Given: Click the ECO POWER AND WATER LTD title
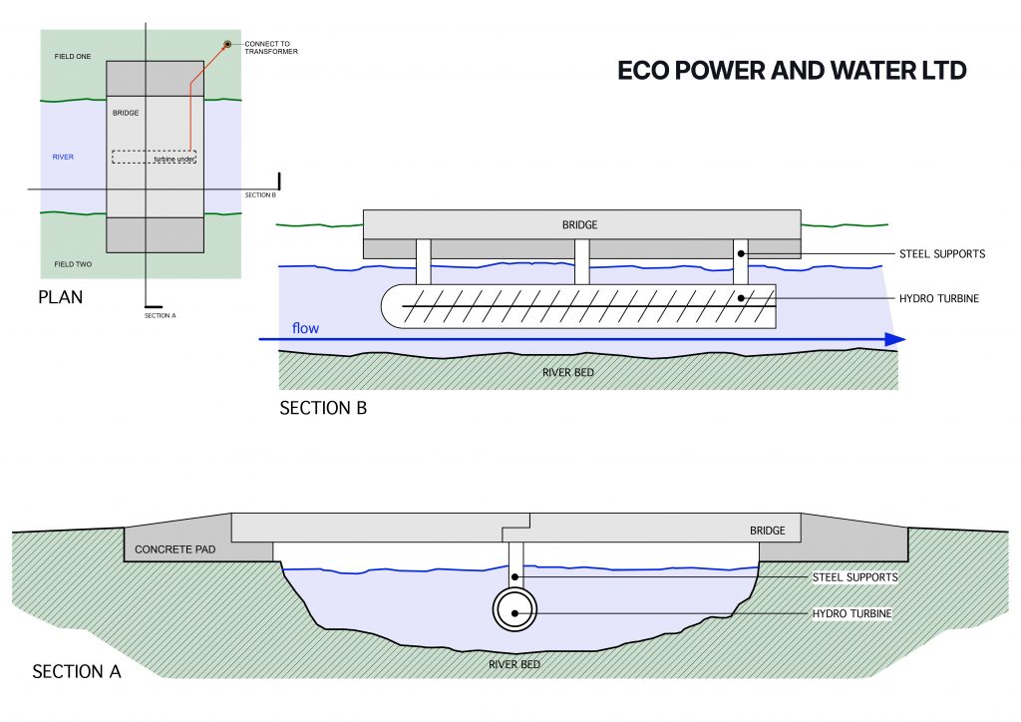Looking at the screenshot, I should click(792, 72).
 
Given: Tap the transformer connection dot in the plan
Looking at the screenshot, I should click(228, 45).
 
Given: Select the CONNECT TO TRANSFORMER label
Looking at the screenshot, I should click(271, 48).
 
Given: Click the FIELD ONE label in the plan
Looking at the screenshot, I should click(73, 57).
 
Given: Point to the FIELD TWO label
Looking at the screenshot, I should click(73, 264).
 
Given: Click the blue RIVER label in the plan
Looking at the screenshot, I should click(63, 158).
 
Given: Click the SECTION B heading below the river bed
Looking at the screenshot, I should click(323, 408).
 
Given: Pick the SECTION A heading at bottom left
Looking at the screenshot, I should click(77, 671).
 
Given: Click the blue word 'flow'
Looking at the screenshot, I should click(305, 328).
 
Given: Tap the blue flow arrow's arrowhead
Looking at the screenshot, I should click(894, 340).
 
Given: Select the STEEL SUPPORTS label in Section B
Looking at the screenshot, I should click(940, 254).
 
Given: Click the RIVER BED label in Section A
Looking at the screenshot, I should click(515, 663).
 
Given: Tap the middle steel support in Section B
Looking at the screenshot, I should click(583, 262).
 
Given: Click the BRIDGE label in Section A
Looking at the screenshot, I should click(767, 532).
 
